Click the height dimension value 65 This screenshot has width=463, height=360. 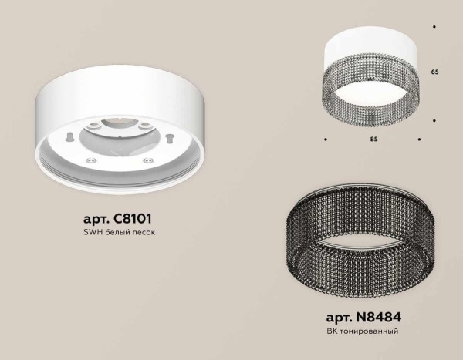point(435,71)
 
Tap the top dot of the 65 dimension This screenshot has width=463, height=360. point(435,27)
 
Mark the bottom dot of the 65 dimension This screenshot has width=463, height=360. point(435,119)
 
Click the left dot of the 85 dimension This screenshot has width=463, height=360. point(324,140)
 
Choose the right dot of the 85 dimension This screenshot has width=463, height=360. point(419,140)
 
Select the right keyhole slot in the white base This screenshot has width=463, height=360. point(164,140)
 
